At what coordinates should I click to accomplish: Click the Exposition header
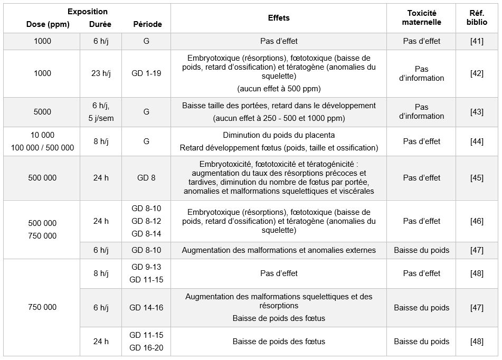click(88, 12)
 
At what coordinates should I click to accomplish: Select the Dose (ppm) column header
click(48, 24)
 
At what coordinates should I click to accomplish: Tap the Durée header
click(100, 24)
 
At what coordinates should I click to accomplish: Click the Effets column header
click(279, 18)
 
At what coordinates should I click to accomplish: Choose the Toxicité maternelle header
click(421, 18)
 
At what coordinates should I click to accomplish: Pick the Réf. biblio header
click(477, 18)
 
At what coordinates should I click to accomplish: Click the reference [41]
click(477, 41)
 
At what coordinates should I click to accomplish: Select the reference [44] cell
click(477, 141)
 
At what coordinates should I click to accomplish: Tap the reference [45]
click(477, 178)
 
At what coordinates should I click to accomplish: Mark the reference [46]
click(477, 221)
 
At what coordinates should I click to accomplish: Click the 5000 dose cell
click(42, 112)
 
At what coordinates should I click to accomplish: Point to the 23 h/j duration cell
click(100, 73)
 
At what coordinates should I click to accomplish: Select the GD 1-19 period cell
click(146, 73)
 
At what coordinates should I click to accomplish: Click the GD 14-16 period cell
click(146, 308)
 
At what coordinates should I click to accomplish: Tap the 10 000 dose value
click(42, 135)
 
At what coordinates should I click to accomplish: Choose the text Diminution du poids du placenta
click(279, 135)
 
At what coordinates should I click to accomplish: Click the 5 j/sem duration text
click(100, 118)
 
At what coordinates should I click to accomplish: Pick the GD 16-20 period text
click(146, 348)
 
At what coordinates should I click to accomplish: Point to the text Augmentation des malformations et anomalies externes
click(279, 250)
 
